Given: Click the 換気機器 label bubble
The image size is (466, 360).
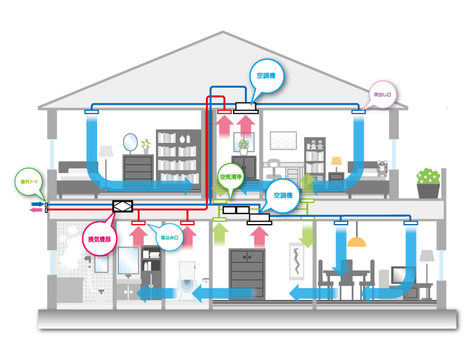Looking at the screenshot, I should click(x=100, y=240).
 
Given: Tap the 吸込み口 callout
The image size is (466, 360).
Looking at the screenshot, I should click(x=170, y=237).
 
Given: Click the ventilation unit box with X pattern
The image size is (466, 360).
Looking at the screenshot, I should click(x=122, y=207).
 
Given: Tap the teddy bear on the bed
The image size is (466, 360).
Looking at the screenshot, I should click(x=383, y=169).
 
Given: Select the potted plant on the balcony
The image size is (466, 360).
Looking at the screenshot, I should click(x=428, y=183).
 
